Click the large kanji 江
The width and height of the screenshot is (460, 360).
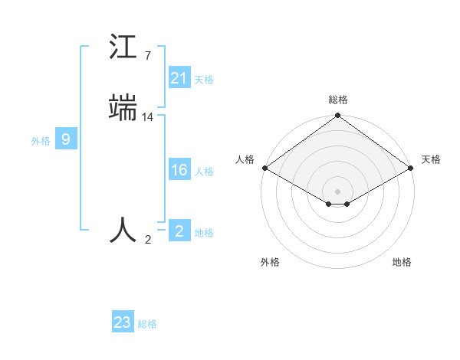click(x=123, y=47)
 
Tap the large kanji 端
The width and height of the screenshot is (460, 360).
click(x=123, y=108)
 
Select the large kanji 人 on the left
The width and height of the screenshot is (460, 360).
click(x=123, y=230)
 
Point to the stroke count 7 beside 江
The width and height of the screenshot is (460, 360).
click(x=147, y=56)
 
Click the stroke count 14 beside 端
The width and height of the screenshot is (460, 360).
click(x=148, y=117)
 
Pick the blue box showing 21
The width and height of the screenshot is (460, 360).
click(x=179, y=77)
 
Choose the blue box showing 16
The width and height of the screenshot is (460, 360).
click(x=179, y=170)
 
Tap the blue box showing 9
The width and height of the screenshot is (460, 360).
click(x=66, y=139)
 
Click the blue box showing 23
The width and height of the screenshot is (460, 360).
click(x=122, y=322)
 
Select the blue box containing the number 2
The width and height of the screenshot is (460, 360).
click(x=179, y=231)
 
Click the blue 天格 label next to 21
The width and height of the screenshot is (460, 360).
click(x=204, y=80)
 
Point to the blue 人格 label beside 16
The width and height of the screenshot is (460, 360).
click(x=204, y=172)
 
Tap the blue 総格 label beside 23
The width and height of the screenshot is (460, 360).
click(x=147, y=325)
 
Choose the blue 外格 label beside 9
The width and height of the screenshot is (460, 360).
click(x=41, y=141)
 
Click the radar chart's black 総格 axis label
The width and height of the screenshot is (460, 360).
click(x=337, y=100)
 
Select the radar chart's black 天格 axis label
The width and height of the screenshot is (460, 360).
click(x=431, y=159)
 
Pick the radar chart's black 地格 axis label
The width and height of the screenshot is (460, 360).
click(x=402, y=263)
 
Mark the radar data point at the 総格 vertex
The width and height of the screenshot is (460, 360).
click(x=337, y=116)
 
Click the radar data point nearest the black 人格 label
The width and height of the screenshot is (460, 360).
click(x=264, y=168)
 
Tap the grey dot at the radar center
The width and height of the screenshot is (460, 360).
click(x=337, y=191)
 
